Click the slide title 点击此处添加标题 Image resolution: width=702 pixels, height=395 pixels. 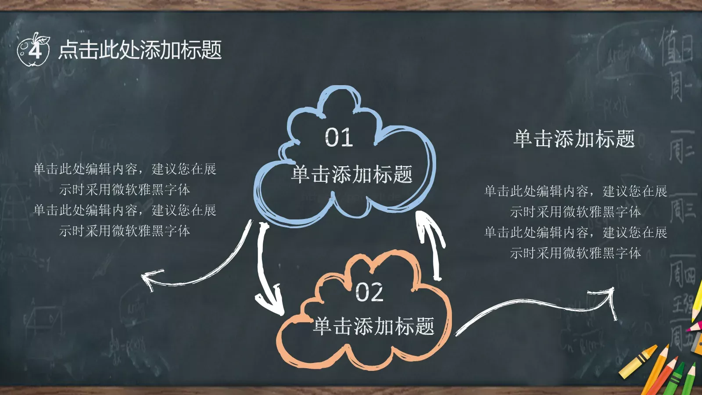pyautogui.click(x=140, y=50)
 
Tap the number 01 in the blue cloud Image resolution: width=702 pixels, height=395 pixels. pyautogui.click(x=339, y=137)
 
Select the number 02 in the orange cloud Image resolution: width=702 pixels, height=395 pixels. pyautogui.click(x=369, y=292)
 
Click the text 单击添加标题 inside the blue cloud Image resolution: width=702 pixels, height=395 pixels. pyautogui.click(x=352, y=174)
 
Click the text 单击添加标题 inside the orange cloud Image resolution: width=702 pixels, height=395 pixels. pyautogui.click(x=374, y=326)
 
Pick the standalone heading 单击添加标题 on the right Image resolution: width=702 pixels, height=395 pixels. pyautogui.click(x=574, y=139)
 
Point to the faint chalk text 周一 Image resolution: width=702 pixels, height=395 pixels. pyautogui.click(x=680, y=86)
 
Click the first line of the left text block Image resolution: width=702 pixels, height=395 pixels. pyautogui.click(x=125, y=169)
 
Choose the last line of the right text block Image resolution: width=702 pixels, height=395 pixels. pyautogui.click(x=575, y=253)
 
